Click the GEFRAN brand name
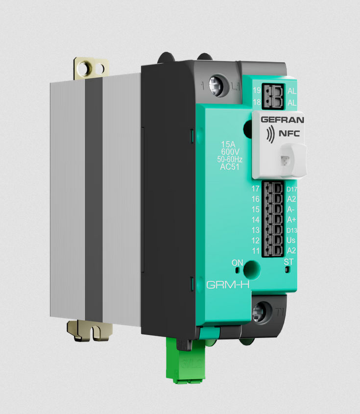283,120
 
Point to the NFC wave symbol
269,133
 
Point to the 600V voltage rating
229,151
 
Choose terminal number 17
255,189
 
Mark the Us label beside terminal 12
291,240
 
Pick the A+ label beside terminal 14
291,219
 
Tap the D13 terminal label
291,230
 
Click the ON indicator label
238,263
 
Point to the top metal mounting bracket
91,67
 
